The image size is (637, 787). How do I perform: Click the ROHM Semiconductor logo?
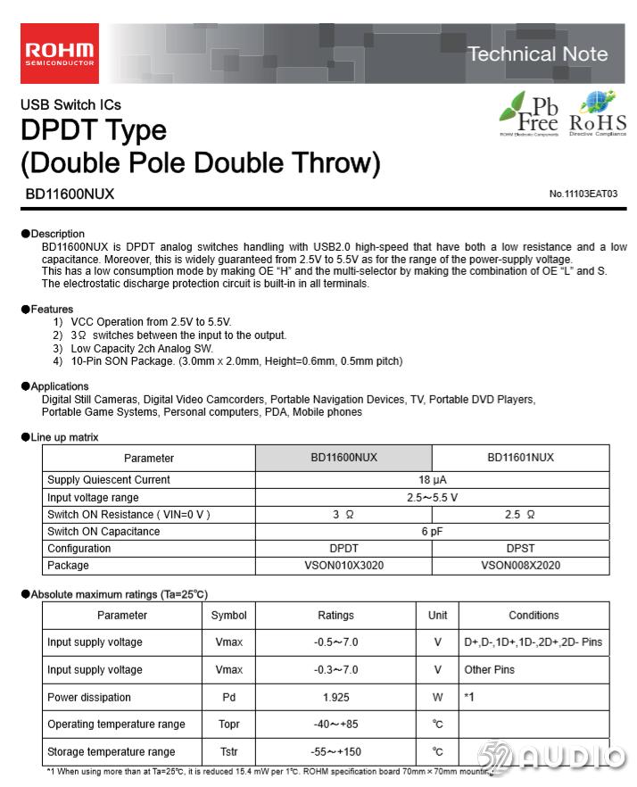[60, 53]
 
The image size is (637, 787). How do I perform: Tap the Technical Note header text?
[537, 54]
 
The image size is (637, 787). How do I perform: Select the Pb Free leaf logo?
[529, 113]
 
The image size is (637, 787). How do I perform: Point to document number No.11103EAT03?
[583, 194]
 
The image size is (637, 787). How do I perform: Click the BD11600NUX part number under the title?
[70, 193]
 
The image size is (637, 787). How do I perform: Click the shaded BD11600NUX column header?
[343, 458]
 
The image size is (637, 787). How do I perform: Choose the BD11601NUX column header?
[520, 458]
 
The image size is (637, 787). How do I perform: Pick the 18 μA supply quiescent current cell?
[433, 480]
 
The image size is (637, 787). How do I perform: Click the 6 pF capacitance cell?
[433, 532]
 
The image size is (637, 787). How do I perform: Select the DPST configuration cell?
[520, 549]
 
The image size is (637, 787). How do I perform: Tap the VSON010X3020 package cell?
[343, 566]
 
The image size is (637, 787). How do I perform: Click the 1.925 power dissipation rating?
[335, 697]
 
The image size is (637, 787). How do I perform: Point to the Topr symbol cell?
[228, 725]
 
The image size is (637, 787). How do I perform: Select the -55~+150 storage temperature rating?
[335, 752]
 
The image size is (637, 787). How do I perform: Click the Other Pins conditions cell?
[490, 669]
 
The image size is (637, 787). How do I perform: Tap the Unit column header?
[437, 615]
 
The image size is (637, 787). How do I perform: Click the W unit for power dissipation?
[437, 697]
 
